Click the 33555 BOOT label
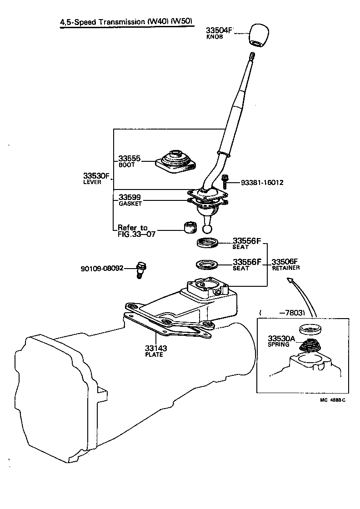pos(129,161)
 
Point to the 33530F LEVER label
pos(96,178)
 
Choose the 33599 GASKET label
pos(130,200)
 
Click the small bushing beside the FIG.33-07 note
pos(190,226)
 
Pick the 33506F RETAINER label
pos(285,264)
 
